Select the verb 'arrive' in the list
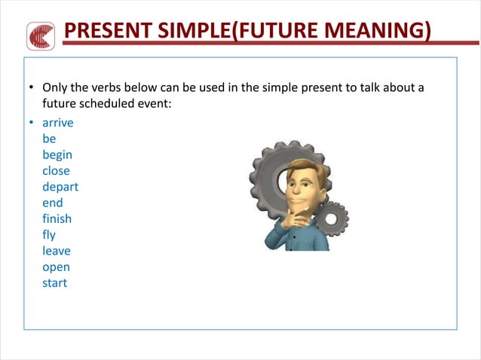point(58,123)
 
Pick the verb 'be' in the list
point(49,139)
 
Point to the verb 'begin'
point(57,155)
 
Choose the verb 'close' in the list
point(56,170)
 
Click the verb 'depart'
point(60,187)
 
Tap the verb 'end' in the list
point(53,203)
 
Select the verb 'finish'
point(57,218)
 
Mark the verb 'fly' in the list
point(49,235)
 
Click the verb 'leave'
point(57,251)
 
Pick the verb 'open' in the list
point(57,267)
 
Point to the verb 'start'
point(55,283)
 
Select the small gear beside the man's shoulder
point(332,219)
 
